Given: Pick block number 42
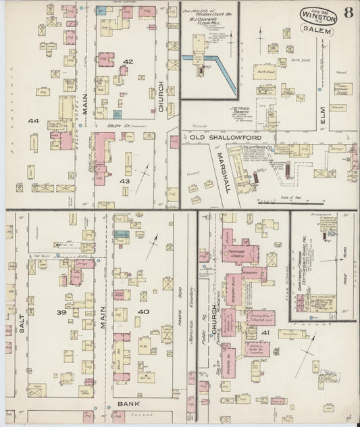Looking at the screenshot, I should point(128,61).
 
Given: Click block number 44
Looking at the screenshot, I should point(33,121).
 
